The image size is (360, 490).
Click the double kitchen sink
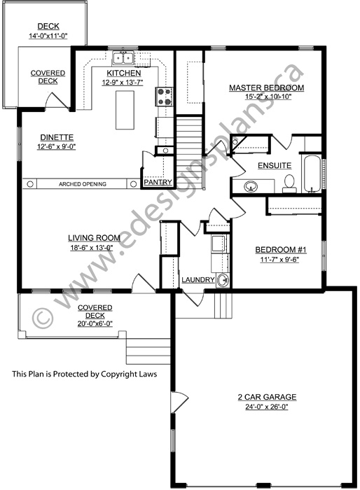pyautogui.click(x=123, y=58)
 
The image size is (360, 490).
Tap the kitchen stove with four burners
pyautogui.click(x=165, y=97)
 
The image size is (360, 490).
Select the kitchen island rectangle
pyautogui.click(x=125, y=110)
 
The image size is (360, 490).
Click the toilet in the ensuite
pyautogui.click(x=289, y=183)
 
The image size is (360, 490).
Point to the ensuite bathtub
pyautogui.click(x=312, y=174)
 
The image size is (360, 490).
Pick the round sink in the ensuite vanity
pyautogui.click(x=251, y=187)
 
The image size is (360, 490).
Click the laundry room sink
pyautogui.click(x=223, y=280)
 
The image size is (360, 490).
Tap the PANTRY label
pyautogui.click(x=158, y=182)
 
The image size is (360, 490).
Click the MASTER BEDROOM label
pyautogui.click(x=266, y=87)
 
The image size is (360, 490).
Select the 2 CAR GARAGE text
pyautogui.click(x=267, y=397)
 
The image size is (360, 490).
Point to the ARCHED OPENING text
pyautogui.click(x=83, y=184)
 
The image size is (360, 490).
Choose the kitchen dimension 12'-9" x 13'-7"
pyautogui.click(x=123, y=83)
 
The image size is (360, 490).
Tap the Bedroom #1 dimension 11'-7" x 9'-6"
pyautogui.click(x=279, y=260)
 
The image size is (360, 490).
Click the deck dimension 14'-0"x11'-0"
pyautogui.click(x=48, y=36)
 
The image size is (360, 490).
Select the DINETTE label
pyautogui.click(x=57, y=137)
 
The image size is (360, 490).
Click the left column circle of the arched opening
pyautogui.click(x=30, y=184)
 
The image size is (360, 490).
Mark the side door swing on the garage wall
pyautogui.click(x=179, y=402)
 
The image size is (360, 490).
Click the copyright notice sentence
pyautogui.click(x=85, y=374)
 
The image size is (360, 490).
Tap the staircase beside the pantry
pyautogui.click(x=188, y=153)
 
